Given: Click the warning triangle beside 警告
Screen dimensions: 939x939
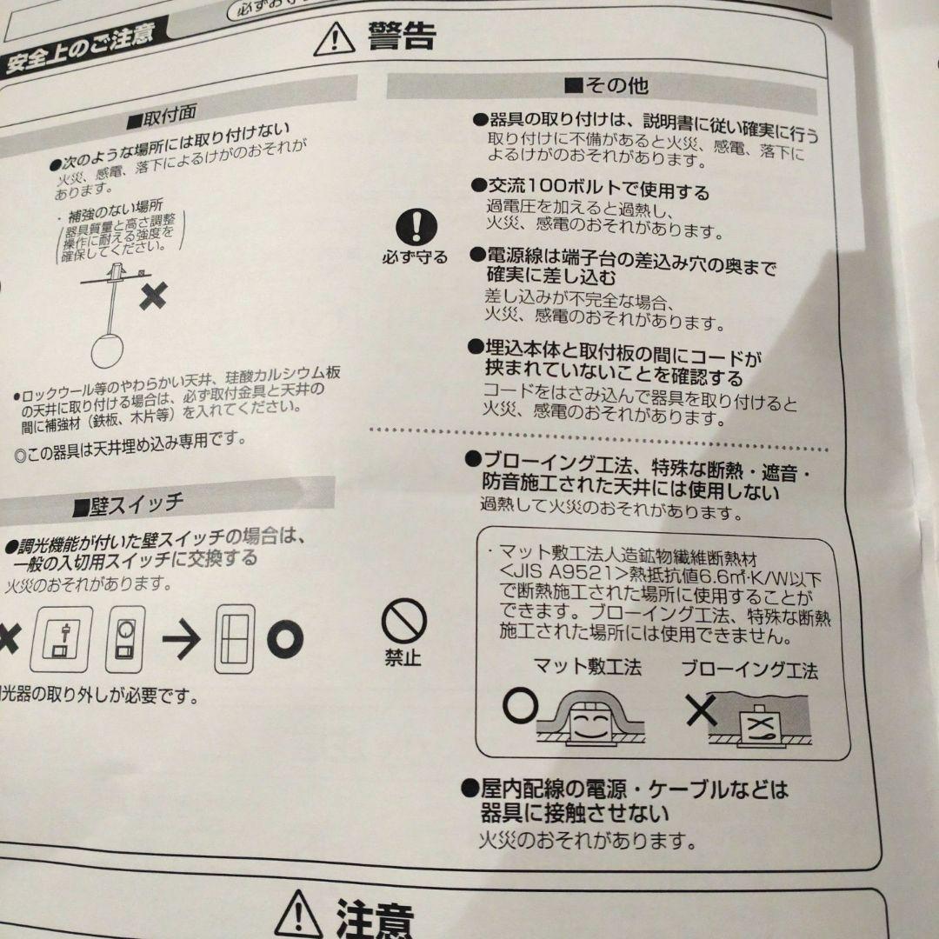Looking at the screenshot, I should pos(334,39).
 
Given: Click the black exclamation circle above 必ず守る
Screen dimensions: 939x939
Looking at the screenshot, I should pos(416,227).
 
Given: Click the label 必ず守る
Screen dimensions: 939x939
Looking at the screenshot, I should pos(416,257).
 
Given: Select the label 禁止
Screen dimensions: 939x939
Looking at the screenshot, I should pos(403,658).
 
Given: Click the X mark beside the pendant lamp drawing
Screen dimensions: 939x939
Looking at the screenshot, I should pos(153,296).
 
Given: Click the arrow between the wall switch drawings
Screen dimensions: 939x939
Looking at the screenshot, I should pos(182,641).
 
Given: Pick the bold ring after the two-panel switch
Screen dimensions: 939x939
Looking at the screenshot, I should pos(284,640).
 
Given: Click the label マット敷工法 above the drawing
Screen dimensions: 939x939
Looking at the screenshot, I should pos(587,668).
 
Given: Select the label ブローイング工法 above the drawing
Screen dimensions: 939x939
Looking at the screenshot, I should pos(749,670).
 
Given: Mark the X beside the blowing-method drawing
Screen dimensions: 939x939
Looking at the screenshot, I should pos(701,712).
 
